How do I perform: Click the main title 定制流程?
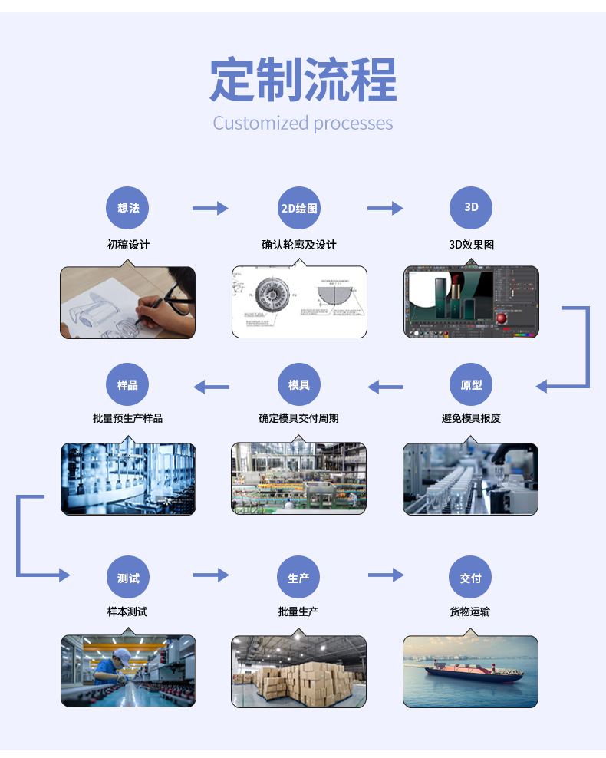(x=303, y=80)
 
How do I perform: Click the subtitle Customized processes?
(x=303, y=124)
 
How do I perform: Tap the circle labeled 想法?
(x=128, y=208)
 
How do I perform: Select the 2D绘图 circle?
(x=298, y=208)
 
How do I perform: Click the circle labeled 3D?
(x=471, y=207)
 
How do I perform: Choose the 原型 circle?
(x=471, y=385)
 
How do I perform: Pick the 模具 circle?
(x=298, y=385)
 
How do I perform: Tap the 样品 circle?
(x=128, y=385)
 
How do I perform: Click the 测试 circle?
(x=128, y=578)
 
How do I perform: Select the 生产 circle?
(x=298, y=578)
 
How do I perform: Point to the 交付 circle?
(x=471, y=578)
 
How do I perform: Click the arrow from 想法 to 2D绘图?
(x=210, y=208)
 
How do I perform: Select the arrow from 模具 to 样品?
(x=211, y=387)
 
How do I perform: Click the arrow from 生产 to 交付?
(x=385, y=575)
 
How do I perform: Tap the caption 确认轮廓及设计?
(x=298, y=245)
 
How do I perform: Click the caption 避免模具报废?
(x=471, y=418)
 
